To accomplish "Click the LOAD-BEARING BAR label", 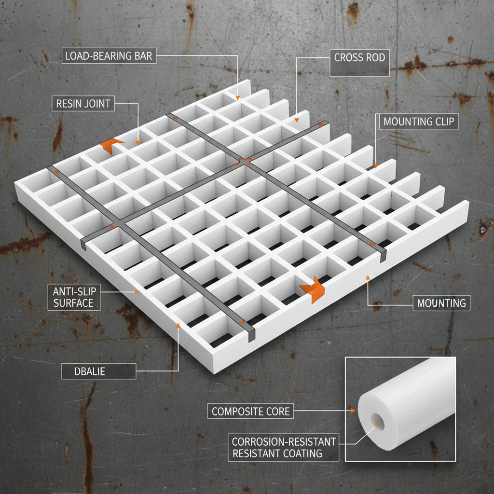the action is tap(109, 56).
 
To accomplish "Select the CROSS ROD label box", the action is tap(359, 63).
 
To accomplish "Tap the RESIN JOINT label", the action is tap(83, 104).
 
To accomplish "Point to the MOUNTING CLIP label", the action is tap(419, 122).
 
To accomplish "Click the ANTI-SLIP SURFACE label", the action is tap(74, 297).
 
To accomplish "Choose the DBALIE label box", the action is tap(98, 371).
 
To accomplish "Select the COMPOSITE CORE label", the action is tap(250, 411).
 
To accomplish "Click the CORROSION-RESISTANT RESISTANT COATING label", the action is tap(284, 447).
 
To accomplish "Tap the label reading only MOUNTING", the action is tap(441, 303).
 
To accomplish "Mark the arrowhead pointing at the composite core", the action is tap(354, 411).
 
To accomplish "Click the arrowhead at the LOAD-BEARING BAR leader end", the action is tap(238, 98).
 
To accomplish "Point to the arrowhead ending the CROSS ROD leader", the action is tap(297, 120).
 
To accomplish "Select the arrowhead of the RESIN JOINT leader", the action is tap(137, 143).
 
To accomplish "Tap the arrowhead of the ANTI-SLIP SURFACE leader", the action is tap(137, 292).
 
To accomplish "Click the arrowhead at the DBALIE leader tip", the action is tap(178, 326).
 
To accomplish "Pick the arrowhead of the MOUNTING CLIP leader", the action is tap(375, 166).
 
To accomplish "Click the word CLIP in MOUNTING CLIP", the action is tap(443, 122).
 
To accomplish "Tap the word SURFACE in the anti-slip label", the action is tap(73, 303).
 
